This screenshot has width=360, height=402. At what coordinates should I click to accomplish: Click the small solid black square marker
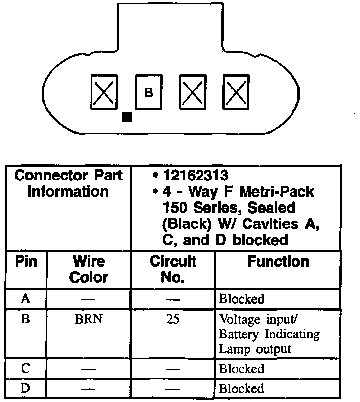pos(126,116)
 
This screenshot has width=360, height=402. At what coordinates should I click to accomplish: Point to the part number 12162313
pos(194,175)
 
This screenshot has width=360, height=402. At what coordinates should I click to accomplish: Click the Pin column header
pos(26,261)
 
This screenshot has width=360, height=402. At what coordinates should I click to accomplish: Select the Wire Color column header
pos(89,269)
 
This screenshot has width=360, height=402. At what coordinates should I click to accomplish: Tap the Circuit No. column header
pos(172,269)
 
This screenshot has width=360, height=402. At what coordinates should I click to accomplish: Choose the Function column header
pos(278,261)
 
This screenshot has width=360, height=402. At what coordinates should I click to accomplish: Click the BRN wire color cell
pos(89,319)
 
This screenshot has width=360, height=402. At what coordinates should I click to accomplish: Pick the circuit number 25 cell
pos(172,319)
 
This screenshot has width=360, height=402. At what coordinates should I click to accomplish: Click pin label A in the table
pos(26,299)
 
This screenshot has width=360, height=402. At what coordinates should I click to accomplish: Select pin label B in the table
pos(26,319)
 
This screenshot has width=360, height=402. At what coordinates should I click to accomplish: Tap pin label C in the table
pos(26,368)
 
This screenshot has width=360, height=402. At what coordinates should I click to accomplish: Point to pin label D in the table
pos(26,389)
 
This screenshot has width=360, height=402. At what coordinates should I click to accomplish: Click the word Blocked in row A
pos(242,299)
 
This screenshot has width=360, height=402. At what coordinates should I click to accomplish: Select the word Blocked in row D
pos(242,389)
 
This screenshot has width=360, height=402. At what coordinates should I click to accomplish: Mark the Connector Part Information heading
pos(68,183)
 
